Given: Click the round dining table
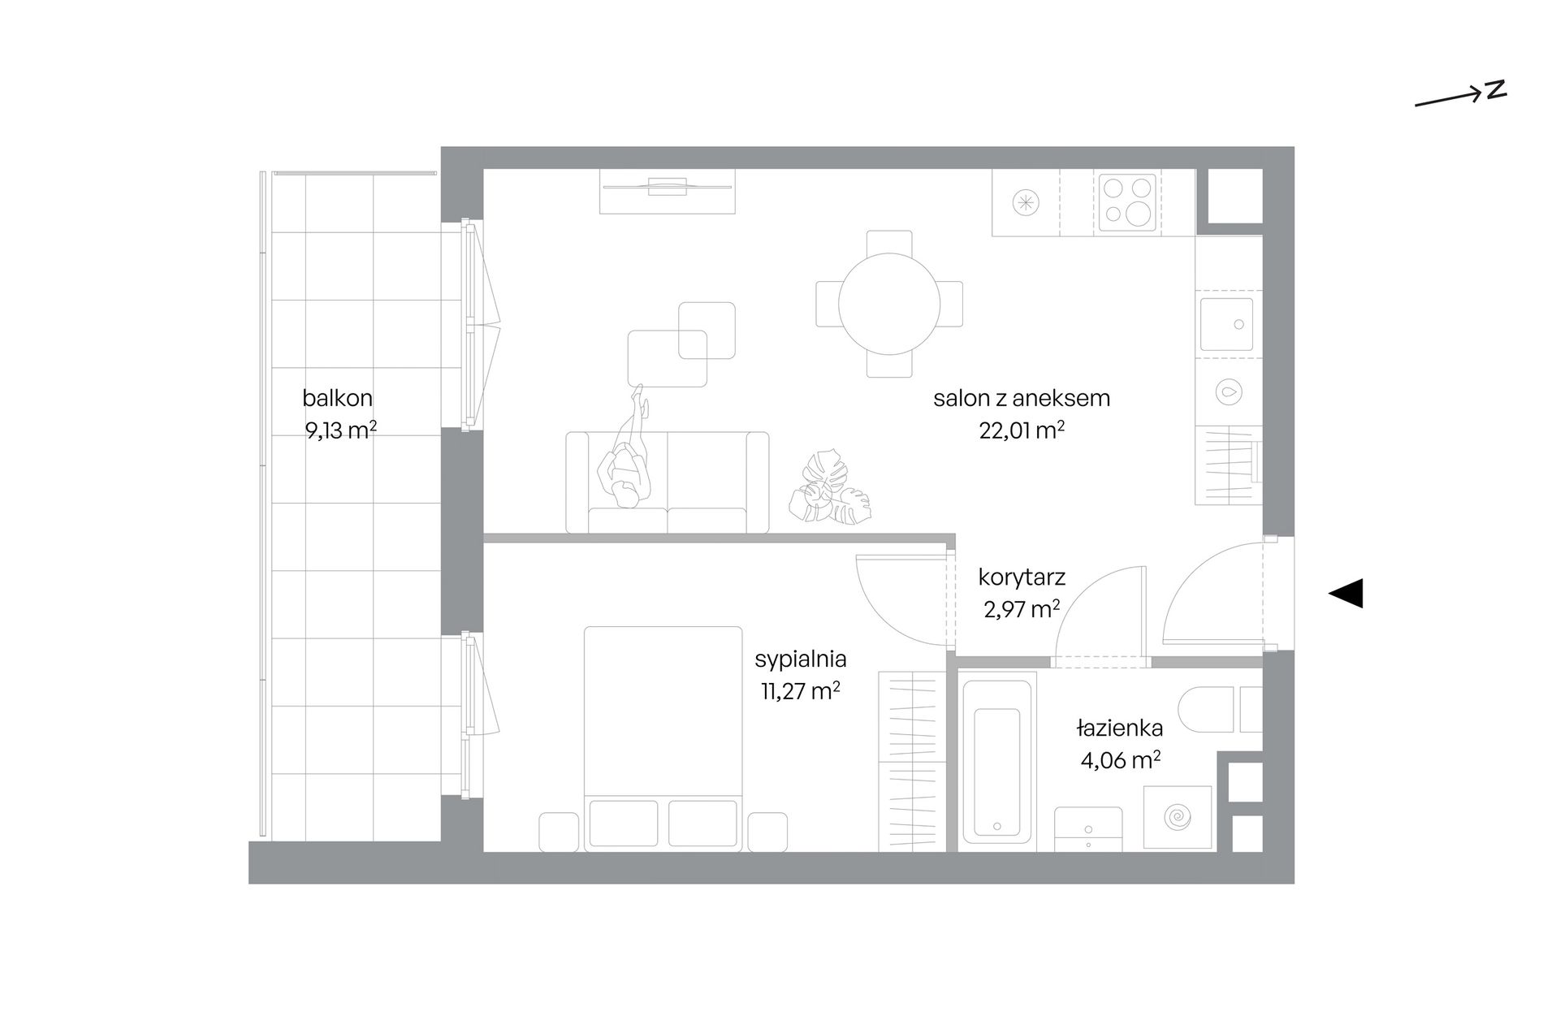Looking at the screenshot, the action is point(889,304).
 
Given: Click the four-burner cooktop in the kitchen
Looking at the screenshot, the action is point(1127,201).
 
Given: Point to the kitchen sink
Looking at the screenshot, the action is point(1227,324).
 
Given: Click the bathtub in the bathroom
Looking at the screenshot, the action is point(996,762).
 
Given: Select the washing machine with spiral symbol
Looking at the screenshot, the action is point(1177,818).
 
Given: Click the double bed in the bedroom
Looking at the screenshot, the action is point(663,738).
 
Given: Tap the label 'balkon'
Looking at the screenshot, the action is point(337,398).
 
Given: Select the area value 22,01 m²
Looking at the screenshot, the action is point(1022,430).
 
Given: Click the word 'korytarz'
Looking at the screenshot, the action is point(1022,577).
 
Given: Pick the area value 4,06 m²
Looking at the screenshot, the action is point(1120,760).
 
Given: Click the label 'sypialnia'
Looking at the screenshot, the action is point(801,659).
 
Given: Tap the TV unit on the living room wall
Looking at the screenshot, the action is point(668,191).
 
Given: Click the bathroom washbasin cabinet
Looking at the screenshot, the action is point(1088,829).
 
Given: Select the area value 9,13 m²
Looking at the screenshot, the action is point(340,430).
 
